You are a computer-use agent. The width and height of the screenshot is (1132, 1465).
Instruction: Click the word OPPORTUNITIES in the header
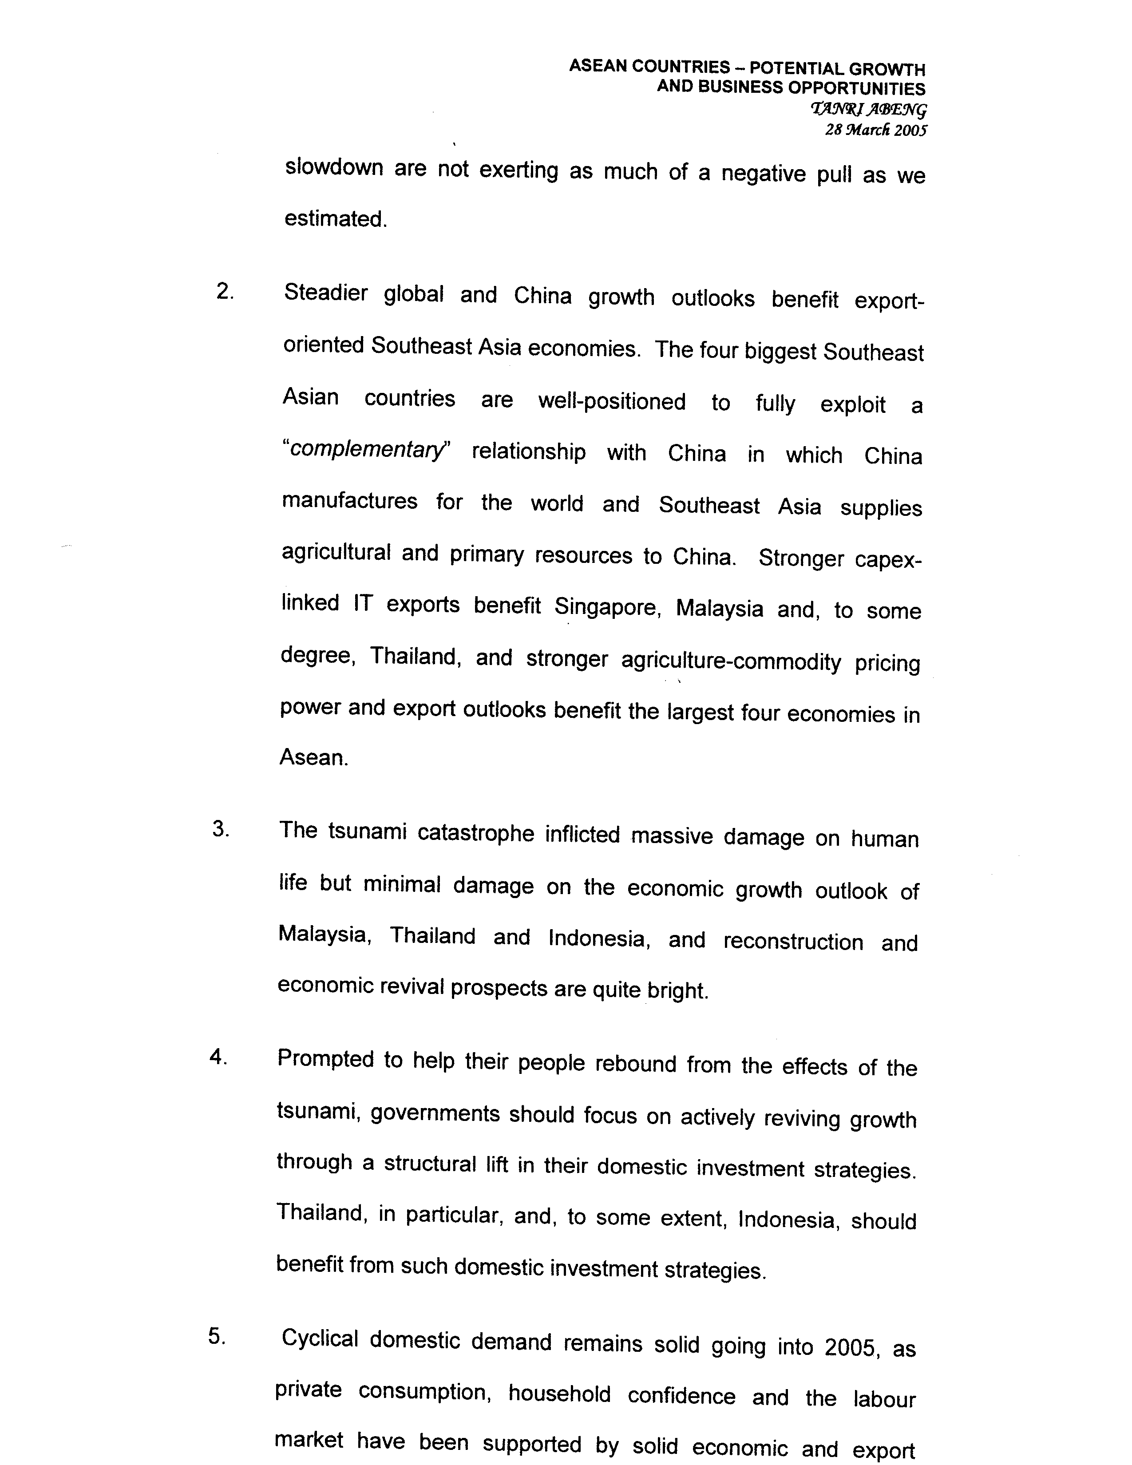(856, 88)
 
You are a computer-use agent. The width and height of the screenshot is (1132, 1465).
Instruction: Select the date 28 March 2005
(875, 130)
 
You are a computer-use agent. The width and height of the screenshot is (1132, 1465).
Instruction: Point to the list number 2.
(225, 292)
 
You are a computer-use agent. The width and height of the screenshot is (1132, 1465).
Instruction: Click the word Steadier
(325, 293)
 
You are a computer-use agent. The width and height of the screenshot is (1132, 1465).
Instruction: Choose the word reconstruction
(793, 941)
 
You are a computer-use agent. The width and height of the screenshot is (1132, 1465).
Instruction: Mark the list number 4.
(218, 1057)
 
